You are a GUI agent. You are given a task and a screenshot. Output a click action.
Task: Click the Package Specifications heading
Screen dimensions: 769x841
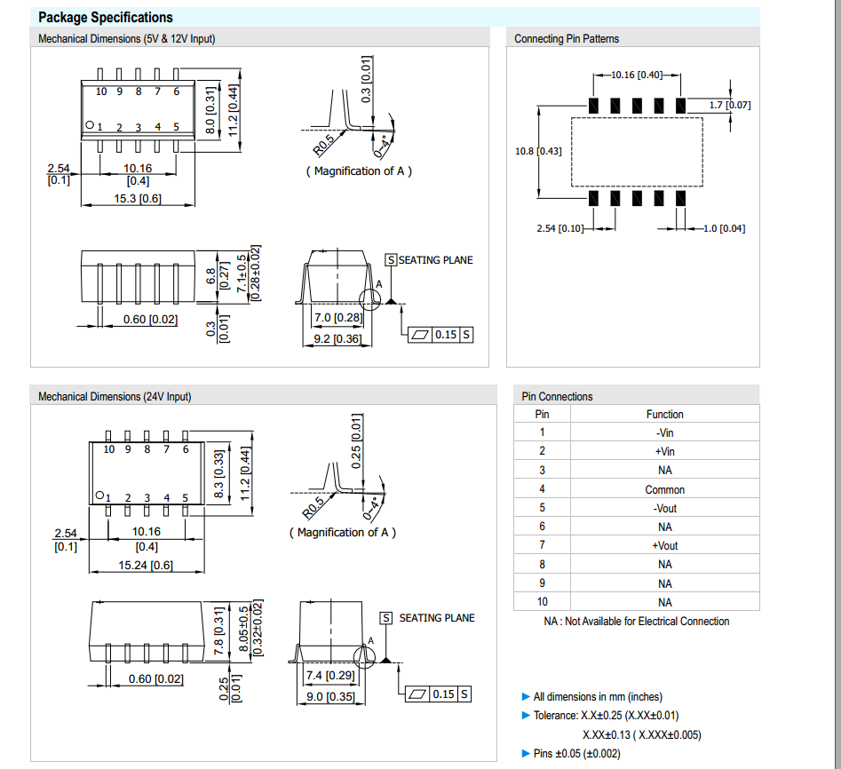coord(106,17)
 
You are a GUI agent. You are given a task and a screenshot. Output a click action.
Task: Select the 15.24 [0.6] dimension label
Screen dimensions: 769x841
coord(146,565)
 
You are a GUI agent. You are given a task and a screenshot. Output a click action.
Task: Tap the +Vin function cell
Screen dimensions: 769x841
coord(664,451)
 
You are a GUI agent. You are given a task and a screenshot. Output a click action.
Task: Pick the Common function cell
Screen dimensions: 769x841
coord(664,489)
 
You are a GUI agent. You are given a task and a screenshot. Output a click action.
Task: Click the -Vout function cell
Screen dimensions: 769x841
coord(664,508)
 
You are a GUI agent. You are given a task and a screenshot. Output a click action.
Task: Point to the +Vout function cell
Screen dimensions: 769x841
coord(664,546)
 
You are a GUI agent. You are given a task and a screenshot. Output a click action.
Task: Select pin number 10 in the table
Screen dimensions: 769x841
coord(542,602)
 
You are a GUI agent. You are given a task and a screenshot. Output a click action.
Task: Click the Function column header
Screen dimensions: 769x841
coord(664,414)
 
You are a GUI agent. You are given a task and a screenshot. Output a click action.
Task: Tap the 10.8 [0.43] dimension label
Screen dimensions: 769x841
coord(538,151)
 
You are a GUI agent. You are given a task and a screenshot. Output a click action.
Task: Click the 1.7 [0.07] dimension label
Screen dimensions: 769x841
coord(730,105)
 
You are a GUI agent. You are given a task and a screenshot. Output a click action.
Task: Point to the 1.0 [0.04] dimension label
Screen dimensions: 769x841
coord(724,228)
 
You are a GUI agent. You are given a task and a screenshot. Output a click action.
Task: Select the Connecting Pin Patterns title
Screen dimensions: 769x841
coord(567,38)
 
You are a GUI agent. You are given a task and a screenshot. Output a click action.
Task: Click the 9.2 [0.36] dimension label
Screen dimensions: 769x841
coord(338,338)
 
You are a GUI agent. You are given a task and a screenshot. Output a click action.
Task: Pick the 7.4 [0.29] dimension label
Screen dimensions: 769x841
coord(330,676)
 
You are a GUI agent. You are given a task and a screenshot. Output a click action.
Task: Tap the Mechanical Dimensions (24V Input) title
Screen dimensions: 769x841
coord(115,397)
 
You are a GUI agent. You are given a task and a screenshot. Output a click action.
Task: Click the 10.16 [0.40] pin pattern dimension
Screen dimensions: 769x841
coord(636,75)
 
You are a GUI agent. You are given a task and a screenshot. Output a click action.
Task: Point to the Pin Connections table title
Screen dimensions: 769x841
coord(557,396)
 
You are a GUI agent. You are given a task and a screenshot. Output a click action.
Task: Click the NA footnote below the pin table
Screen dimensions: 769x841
coord(636,622)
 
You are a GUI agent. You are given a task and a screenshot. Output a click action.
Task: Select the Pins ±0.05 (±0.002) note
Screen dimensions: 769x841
coord(576,753)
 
